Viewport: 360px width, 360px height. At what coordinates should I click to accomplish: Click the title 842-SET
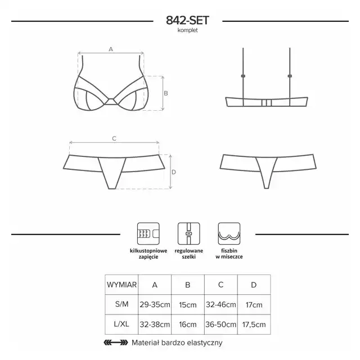click(x=187, y=20)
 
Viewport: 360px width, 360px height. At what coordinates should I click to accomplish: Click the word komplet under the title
click(x=187, y=30)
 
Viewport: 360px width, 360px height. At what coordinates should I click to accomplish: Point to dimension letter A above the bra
click(x=111, y=49)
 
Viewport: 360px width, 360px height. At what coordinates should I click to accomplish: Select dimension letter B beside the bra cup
click(x=166, y=93)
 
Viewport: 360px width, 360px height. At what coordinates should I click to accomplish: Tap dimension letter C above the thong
click(x=114, y=138)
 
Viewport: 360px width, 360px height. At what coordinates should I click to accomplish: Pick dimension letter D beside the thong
click(x=174, y=172)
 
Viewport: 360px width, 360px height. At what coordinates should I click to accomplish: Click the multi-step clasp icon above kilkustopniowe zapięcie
click(x=148, y=234)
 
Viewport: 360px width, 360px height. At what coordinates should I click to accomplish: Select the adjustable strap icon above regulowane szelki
click(x=189, y=234)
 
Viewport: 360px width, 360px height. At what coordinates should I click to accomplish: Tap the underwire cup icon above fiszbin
click(x=229, y=234)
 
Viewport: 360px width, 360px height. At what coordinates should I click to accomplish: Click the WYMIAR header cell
click(x=121, y=285)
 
